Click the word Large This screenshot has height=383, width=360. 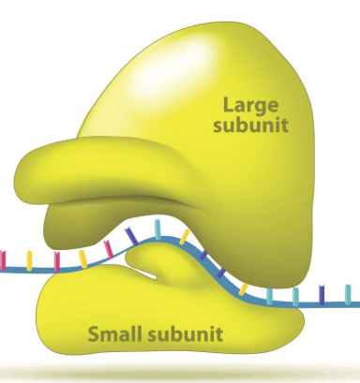250,106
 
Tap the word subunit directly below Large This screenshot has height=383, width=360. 250,125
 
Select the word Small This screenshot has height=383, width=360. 114,334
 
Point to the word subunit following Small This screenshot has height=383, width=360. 185,334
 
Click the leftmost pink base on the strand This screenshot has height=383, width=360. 3,260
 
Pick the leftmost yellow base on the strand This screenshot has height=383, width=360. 29,260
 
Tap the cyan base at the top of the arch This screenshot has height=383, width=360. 157,229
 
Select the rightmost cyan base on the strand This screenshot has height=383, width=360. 348,294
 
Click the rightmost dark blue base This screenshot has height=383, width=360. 322,295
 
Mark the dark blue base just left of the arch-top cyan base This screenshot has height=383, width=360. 131,236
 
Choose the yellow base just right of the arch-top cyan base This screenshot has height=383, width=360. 185,237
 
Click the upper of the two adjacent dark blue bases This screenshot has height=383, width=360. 203,255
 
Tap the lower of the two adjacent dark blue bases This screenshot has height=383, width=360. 221,273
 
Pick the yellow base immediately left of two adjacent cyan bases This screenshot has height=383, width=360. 243,289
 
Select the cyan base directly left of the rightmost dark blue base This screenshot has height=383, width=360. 295,297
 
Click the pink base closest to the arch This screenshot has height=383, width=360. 109,249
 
